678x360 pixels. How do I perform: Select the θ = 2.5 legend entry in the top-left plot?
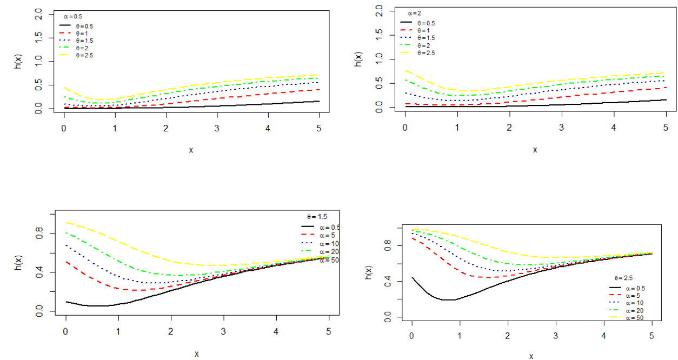[84, 56]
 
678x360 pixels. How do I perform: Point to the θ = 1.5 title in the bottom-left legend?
[318, 216]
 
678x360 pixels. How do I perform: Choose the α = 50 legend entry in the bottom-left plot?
[329, 260]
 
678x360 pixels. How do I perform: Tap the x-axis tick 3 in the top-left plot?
[217, 128]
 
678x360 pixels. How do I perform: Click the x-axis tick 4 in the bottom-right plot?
[604, 337]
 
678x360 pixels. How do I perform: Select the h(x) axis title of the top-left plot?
[17, 62]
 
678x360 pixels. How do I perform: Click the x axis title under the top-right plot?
[535, 149]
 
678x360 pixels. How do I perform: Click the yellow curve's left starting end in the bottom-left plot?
[66, 223]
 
